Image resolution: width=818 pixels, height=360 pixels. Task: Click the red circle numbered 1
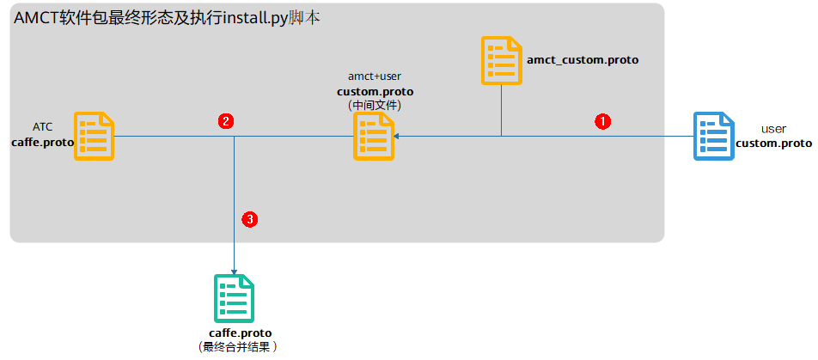(603, 121)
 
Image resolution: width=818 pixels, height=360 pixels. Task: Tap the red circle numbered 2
(225, 121)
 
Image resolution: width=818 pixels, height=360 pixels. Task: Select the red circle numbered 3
(250, 220)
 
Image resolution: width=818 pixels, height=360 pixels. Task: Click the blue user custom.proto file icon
(714, 137)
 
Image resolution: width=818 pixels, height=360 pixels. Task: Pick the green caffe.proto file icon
(234, 297)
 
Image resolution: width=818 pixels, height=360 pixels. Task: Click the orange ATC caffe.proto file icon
(95, 137)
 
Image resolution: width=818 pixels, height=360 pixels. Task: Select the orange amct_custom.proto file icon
(502, 60)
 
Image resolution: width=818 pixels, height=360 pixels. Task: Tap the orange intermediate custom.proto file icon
(374, 137)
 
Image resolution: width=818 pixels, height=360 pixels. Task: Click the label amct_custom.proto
(583, 60)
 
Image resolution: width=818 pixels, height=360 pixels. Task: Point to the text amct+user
(375, 76)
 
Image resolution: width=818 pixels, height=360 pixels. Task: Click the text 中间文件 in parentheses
(375, 105)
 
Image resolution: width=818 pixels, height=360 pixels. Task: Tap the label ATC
(43, 126)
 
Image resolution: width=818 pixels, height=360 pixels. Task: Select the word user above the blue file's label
(773, 129)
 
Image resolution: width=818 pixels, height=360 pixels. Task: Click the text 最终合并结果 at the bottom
(238, 347)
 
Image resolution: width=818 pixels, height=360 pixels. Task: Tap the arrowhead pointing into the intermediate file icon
(396, 137)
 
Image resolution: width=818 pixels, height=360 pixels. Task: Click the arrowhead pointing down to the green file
(235, 269)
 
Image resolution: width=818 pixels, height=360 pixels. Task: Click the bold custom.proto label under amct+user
(375, 91)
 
